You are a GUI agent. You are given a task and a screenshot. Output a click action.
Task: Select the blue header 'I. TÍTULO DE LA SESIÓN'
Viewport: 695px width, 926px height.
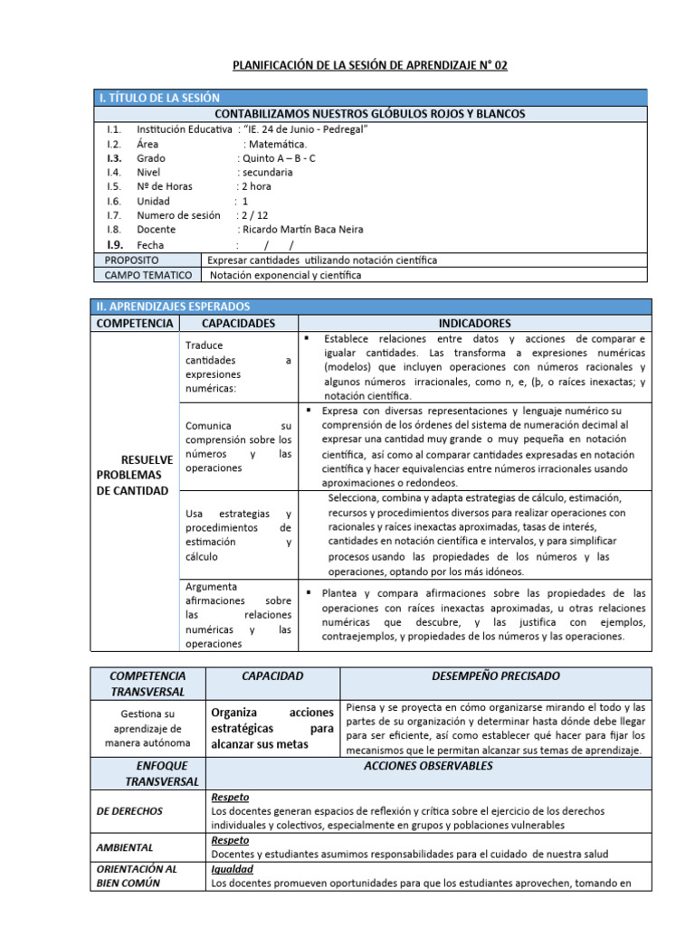(157, 98)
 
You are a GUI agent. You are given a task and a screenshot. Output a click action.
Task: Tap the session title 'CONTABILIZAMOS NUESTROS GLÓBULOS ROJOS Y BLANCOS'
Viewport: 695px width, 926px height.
(369, 113)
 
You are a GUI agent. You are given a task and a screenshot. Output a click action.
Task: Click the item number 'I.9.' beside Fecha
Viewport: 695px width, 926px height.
(114, 244)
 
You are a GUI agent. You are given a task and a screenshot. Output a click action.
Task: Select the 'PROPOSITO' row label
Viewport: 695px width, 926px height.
(132, 260)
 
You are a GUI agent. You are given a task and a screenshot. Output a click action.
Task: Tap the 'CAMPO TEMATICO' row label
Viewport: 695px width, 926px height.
(148, 275)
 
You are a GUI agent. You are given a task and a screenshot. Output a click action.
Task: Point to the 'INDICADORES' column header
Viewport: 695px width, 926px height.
(474, 323)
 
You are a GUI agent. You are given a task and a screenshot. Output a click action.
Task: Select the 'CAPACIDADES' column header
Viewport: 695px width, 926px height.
(238, 323)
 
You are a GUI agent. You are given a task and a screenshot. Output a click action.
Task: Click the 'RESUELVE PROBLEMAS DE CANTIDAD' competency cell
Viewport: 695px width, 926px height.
(134, 475)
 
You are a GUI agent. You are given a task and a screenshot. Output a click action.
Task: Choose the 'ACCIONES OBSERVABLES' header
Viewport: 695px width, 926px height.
(428, 766)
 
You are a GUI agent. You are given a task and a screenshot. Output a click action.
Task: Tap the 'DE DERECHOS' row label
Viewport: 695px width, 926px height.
(129, 811)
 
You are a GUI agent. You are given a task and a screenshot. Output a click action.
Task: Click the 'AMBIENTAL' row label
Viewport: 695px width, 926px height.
(125, 847)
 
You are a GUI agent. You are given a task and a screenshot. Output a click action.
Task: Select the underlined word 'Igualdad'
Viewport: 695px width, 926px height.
(232, 869)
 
